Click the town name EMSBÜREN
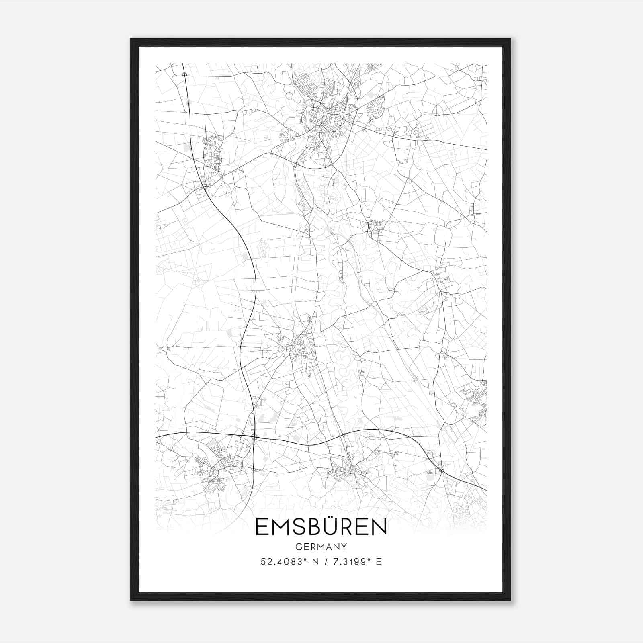[x=321, y=527]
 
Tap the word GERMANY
[x=321, y=547]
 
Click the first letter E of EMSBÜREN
[x=262, y=527]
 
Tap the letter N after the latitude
[x=315, y=562]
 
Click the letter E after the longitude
[x=378, y=562]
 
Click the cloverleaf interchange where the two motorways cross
[x=254, y=437]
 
